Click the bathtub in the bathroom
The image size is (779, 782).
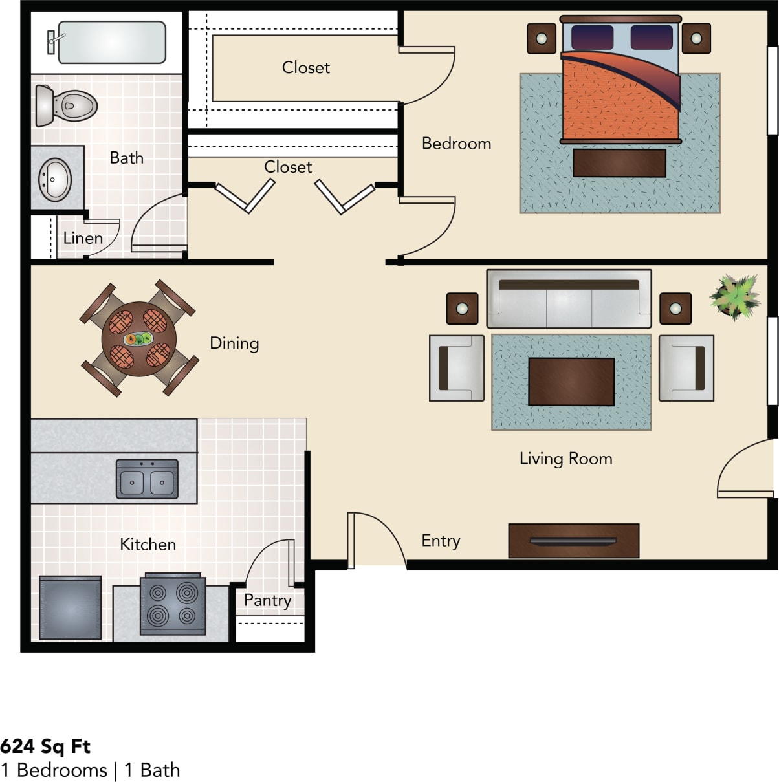pos(111,43)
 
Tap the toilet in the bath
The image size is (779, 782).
pos(67,105)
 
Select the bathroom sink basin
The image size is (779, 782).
pos(55,179)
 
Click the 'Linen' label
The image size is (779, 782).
pos(83,238)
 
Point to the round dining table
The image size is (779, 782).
pos(138,340)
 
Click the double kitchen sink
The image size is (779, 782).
pos(147,479)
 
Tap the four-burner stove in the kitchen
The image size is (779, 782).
pos(173,604)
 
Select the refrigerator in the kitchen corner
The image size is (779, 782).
pos(70,608)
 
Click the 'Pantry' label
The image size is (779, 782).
pos(267,600)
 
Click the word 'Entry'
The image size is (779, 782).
pos(441,541)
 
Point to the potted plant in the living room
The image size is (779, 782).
pos(734,296)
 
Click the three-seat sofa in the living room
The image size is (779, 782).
pos(569,299)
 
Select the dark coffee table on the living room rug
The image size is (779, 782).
pos(571,382)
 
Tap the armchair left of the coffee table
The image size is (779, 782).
pos(457,368)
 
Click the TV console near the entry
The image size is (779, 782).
pos(573,541)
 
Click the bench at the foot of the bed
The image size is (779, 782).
pos(619,163)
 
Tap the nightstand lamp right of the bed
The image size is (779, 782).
pos(696,39)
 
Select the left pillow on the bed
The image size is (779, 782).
pos(591,37)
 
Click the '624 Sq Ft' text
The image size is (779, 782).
pos(45,746)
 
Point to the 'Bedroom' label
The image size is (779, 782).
pos(456,144)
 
